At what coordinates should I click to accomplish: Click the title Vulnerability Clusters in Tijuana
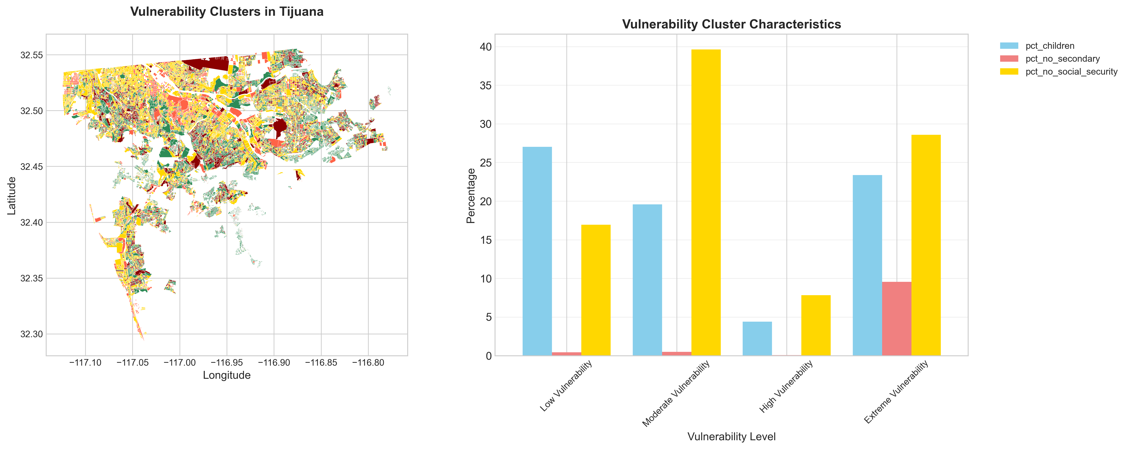(227, 12)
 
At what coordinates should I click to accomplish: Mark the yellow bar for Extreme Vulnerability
(926, 245)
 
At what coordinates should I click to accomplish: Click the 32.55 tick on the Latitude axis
(32, 55)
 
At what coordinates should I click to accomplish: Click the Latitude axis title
(12, 196)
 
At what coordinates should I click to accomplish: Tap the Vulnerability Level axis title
(731, 436)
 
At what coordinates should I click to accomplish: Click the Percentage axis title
(471, 196)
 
